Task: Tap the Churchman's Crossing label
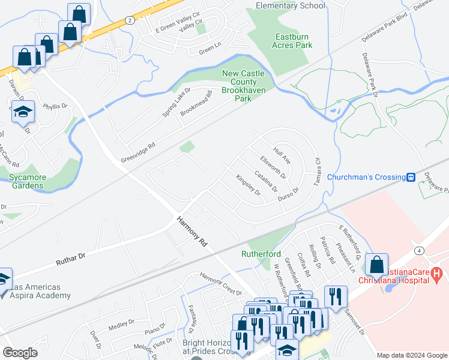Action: click(x=373, y=177)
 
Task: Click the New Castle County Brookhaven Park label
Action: click(x=244, y=85)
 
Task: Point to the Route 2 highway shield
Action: click(x=130, y=20)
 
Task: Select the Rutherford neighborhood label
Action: click(x=262, y=254)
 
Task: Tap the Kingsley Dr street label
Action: click(x=248, y=185)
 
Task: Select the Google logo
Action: click(x=20, y=353)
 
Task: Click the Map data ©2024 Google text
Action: click(x=412, y=355)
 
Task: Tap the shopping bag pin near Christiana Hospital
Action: click(x=376, y=265)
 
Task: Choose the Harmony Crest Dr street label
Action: click(x=220, y=280)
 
